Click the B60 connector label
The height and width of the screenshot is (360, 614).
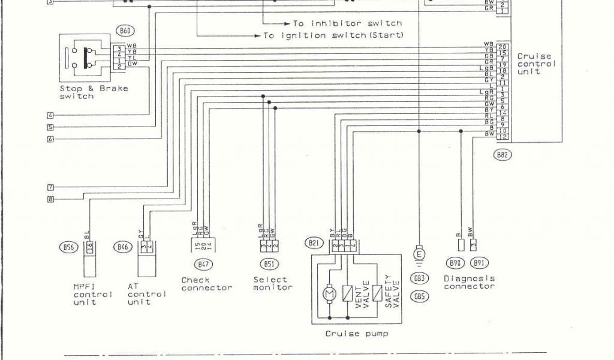126,30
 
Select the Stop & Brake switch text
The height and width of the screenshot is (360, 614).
94,92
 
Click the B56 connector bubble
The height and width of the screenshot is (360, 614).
67,246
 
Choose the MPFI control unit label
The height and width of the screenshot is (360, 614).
92,294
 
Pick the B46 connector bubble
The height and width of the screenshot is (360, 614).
123,246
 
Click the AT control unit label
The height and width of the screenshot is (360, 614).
146,294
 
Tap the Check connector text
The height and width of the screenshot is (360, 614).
206,284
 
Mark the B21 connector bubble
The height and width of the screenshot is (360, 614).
313,243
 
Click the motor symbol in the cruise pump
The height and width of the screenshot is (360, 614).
329,293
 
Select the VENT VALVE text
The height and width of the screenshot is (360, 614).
363,293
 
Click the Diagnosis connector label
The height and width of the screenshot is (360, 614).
469,282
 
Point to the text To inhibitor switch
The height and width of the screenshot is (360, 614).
347,23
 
